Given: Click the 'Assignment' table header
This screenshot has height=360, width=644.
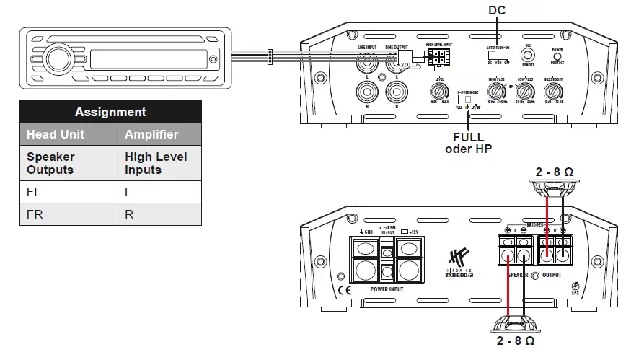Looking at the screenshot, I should pyautogui.click(x=110, y=112).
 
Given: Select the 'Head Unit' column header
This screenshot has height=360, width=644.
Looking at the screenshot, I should pyautogui.click(x=56, y=134).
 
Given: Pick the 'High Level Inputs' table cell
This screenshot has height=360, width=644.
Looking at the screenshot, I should pyautogui.click(x=156, y=163).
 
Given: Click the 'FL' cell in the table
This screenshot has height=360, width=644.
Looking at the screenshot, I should pyautogui.click(x=35, y=193).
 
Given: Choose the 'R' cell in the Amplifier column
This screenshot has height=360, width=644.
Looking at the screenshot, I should pyautogui.click(x=130, y=214).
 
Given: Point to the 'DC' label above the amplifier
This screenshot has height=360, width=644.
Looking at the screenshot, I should pyautogui.click(x=497, y=9).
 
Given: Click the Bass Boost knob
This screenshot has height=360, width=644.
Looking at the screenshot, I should pyautogui.click(x=552, y=92).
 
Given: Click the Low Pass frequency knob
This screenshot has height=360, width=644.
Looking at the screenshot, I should pyautogui.click(x=525, y=92).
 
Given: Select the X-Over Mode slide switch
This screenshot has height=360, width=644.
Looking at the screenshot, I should pyautogui.click(x=467, y=99).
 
